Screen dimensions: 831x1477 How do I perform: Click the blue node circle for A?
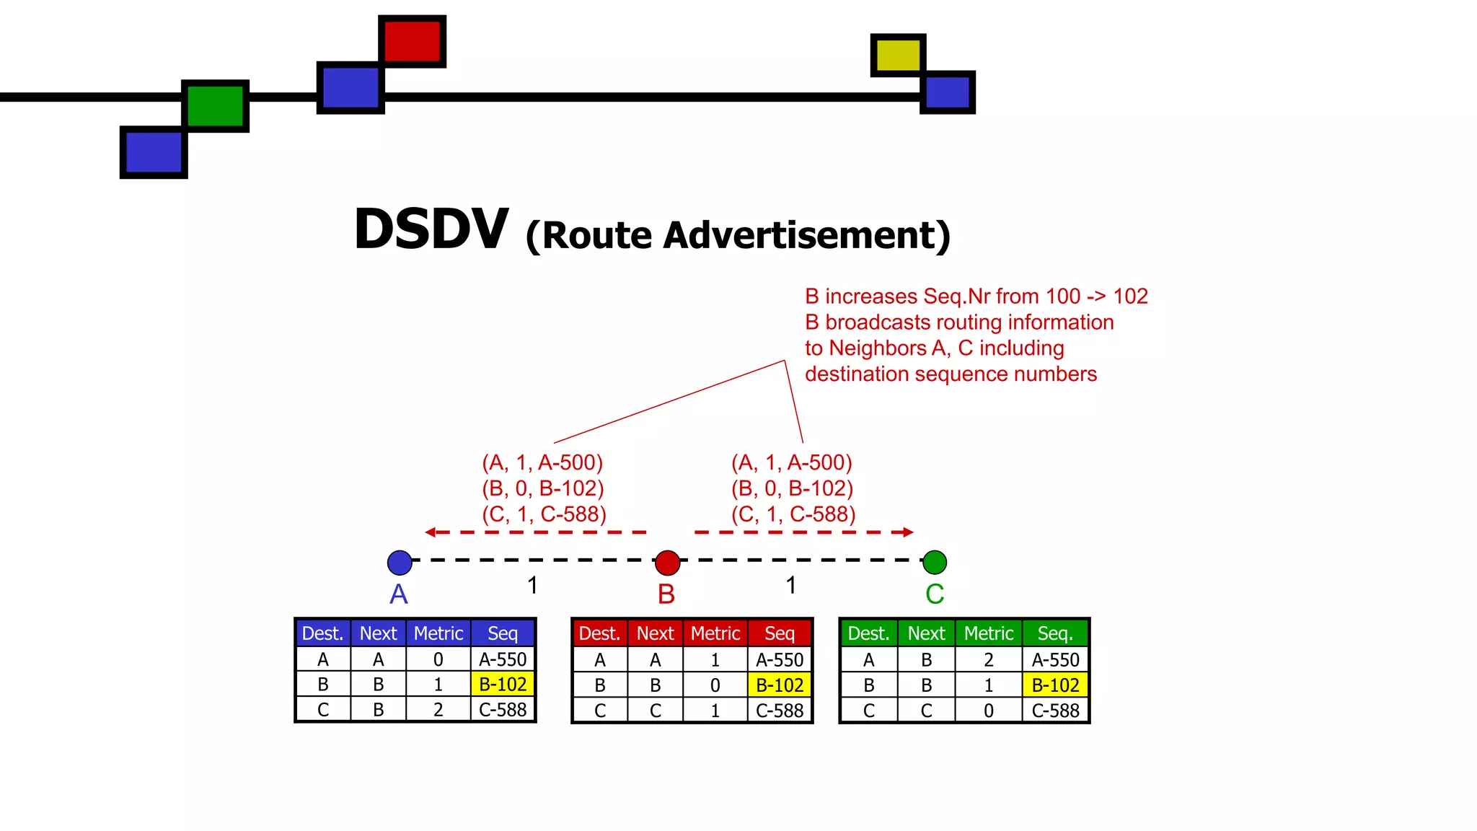click(400, 562)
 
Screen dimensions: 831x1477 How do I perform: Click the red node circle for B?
click(667, 562)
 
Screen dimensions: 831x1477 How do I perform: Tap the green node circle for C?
click(935, 562)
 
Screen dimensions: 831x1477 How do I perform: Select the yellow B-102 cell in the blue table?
click(503, 684)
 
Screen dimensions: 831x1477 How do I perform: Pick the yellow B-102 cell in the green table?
click(1055, 685)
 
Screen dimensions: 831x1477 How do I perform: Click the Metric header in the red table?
click(715, 633)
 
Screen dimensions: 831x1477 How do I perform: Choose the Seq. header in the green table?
click(1055, 633)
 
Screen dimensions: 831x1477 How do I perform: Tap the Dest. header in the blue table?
click(322, 633)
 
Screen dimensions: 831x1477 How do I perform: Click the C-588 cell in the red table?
click(780, 711)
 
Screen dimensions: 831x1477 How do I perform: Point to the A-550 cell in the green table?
click(1055, 659)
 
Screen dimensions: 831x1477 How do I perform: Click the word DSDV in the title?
click(431, 229)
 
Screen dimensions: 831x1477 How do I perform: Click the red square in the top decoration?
click(412, 41)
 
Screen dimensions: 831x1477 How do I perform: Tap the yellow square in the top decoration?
click(898, 55)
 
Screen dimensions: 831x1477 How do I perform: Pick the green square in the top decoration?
click(215, 105)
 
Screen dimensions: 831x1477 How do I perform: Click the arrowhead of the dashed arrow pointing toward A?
click(431, 532)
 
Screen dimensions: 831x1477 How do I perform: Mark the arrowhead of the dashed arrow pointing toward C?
click(908, 532)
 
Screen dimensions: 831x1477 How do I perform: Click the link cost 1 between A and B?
click(532, 585)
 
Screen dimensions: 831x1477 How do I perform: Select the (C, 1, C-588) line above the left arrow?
click(544, 514)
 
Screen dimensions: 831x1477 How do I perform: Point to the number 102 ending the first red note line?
click(1130, 296)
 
